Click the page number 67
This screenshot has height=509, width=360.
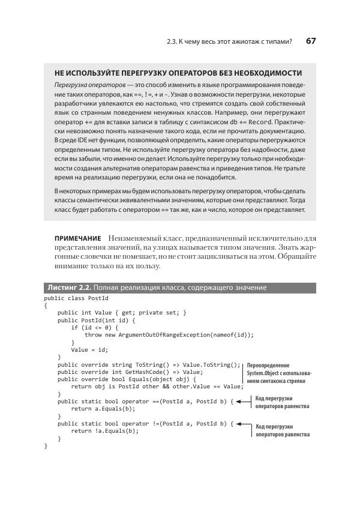(x=311, y=41)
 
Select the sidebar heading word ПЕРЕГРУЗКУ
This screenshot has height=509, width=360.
(x=137, y=73)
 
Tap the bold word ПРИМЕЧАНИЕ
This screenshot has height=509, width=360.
(x=77, y=239)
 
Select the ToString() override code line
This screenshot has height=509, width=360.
(x=149, y=364)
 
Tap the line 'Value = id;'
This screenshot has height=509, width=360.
(x=89, y=349)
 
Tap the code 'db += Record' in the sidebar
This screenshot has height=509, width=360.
(x=247, y=122)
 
